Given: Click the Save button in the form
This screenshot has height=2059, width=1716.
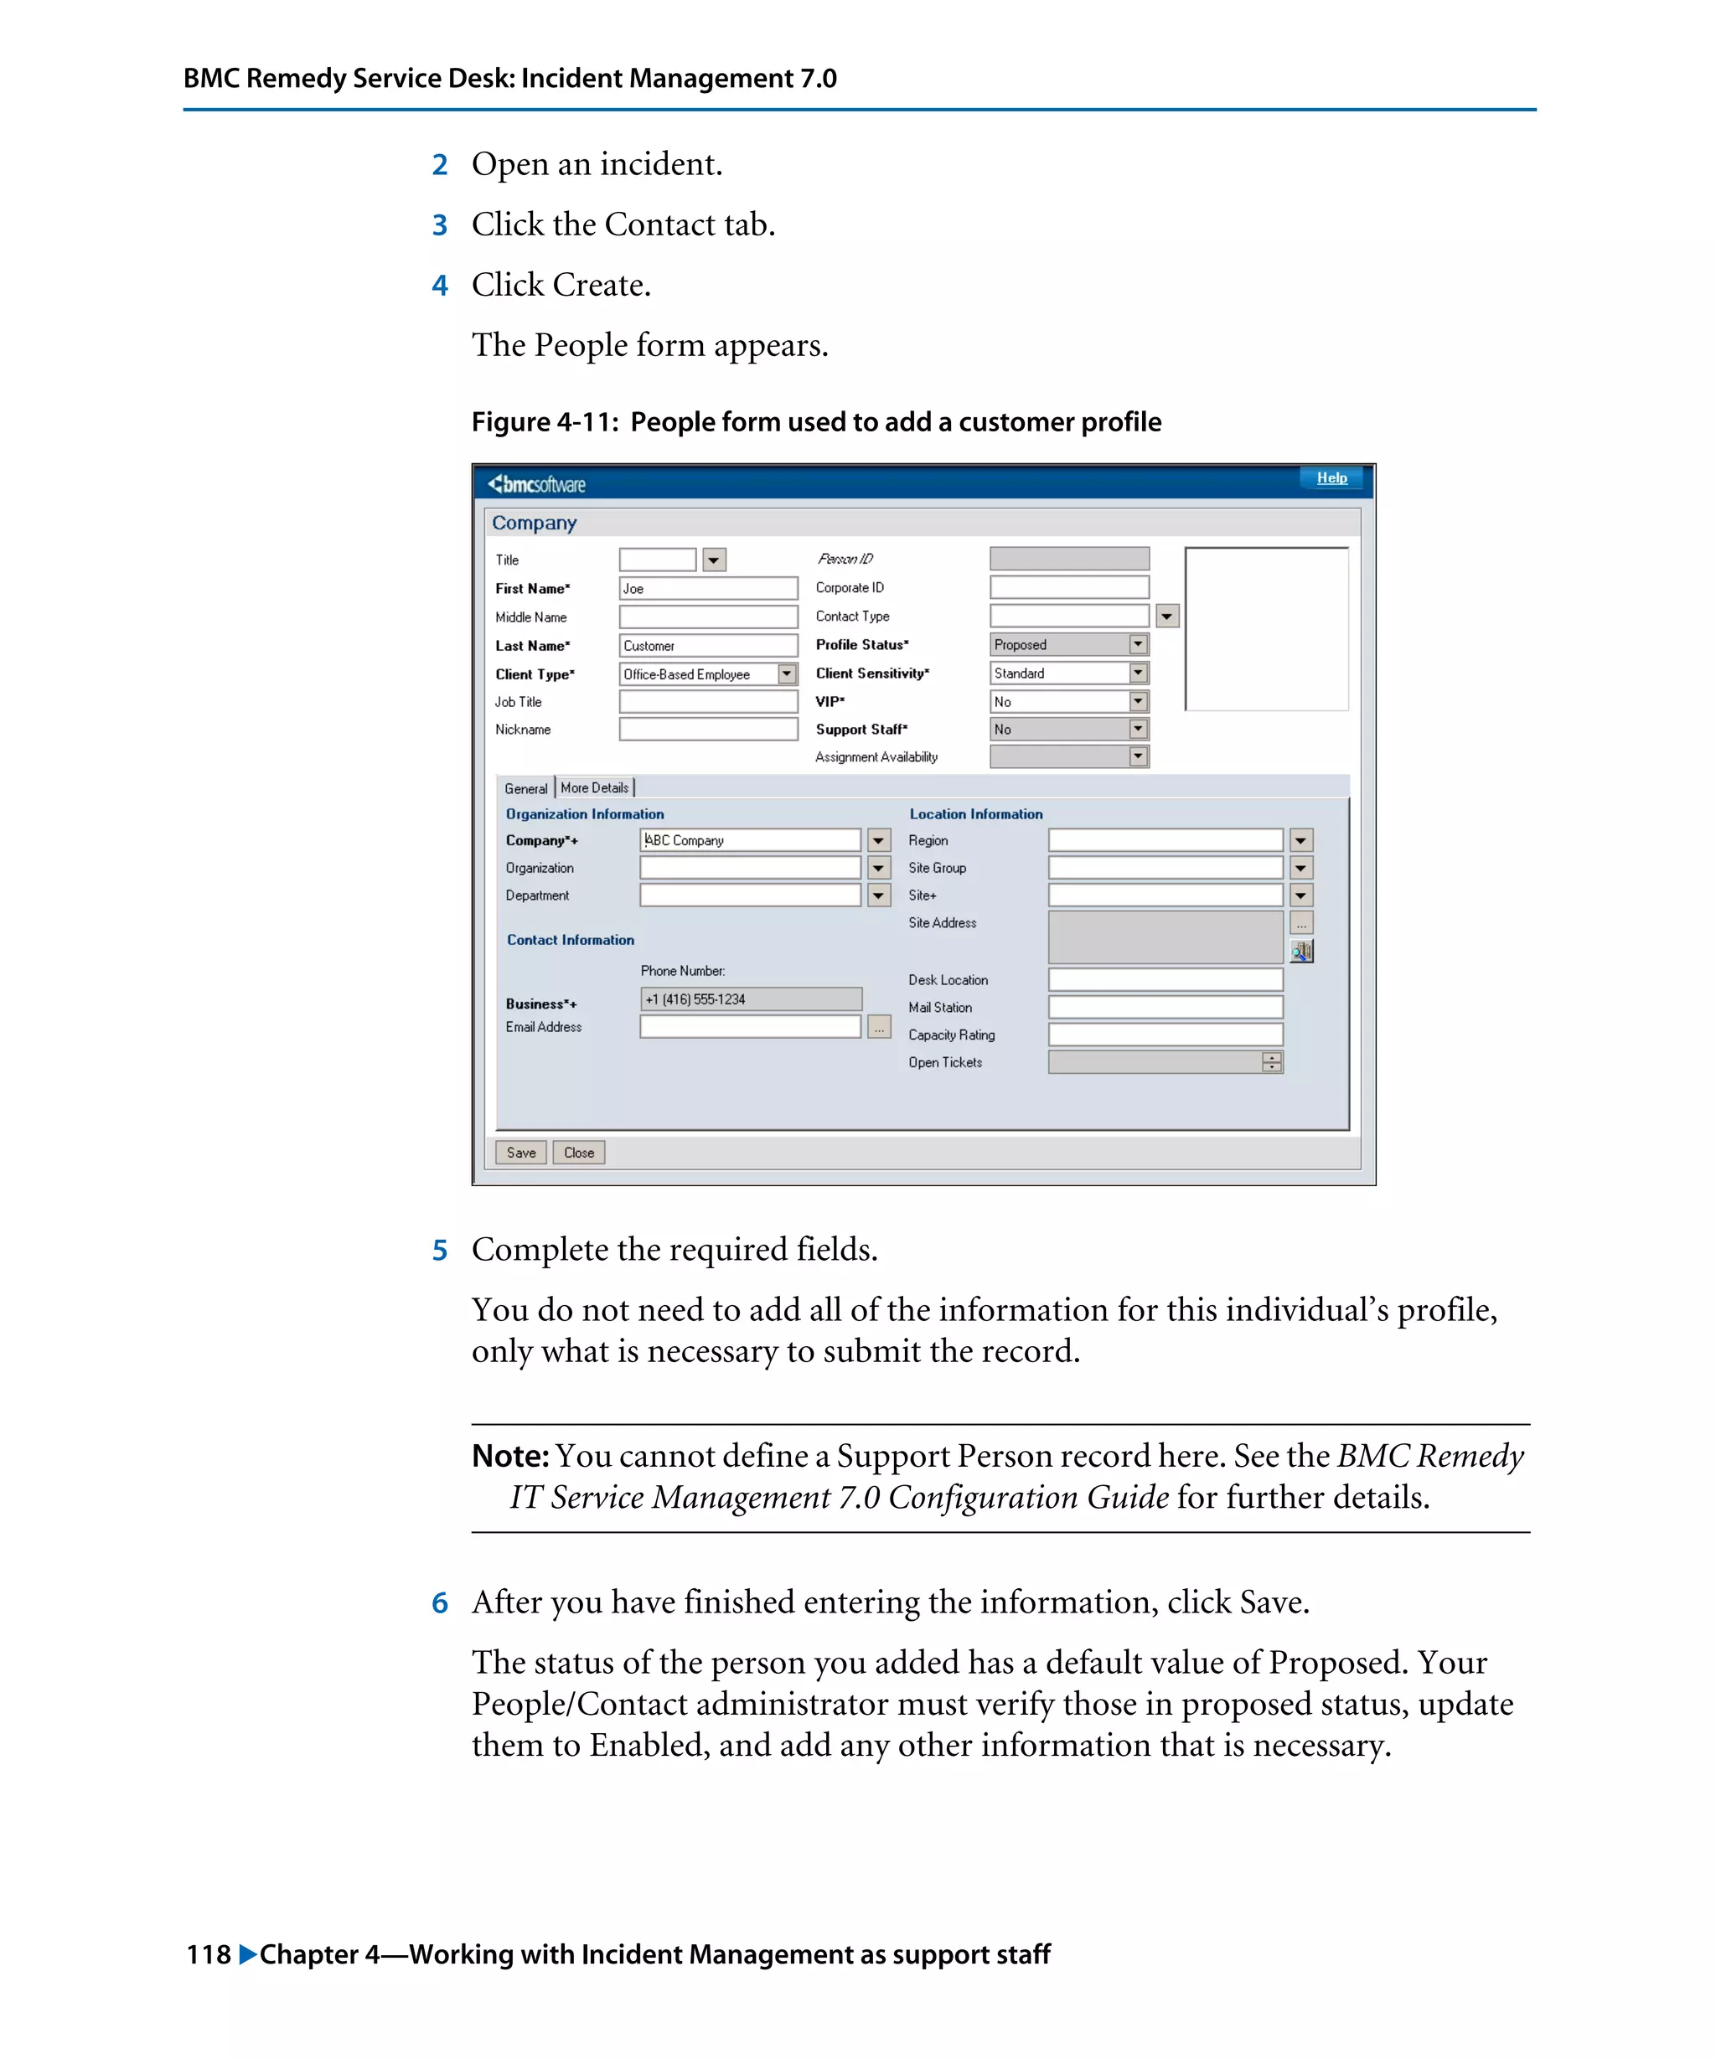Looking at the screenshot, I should [x=520, y=1152].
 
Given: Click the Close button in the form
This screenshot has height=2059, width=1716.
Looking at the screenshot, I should [x=578, y=1152].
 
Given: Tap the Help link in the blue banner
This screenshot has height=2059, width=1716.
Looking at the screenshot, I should [x=1331, y=477].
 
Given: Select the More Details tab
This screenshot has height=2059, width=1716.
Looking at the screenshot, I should [x=594, y=787].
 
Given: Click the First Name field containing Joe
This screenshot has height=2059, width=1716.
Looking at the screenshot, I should [x=708, y=588].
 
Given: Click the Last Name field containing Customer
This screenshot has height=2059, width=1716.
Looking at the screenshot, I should [x=708, y=645].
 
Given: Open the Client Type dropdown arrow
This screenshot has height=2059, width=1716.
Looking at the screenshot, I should [x=787, y=673].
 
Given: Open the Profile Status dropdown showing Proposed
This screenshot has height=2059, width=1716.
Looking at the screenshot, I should [x=1138, y=644].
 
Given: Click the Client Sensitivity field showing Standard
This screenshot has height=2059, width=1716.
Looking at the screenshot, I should [x=1059, y=673].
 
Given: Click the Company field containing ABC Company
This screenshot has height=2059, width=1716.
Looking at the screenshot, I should [x=750, y=840].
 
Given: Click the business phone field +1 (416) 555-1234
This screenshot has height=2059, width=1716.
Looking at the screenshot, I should [x=750, y=999].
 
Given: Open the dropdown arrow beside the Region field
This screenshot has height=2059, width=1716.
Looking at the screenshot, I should [x=1300, y=840].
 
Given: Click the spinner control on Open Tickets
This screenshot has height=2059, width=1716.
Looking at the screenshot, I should [x=1272, y=1062].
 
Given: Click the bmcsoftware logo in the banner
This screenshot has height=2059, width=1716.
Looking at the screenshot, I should [x=536, y=484].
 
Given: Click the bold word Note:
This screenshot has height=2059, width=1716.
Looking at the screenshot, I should [x=510, y=1456].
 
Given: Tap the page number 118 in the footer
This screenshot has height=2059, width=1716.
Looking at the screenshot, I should [x=209, y=1954].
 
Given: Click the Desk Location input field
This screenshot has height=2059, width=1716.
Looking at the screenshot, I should [x=1165, y=979].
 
